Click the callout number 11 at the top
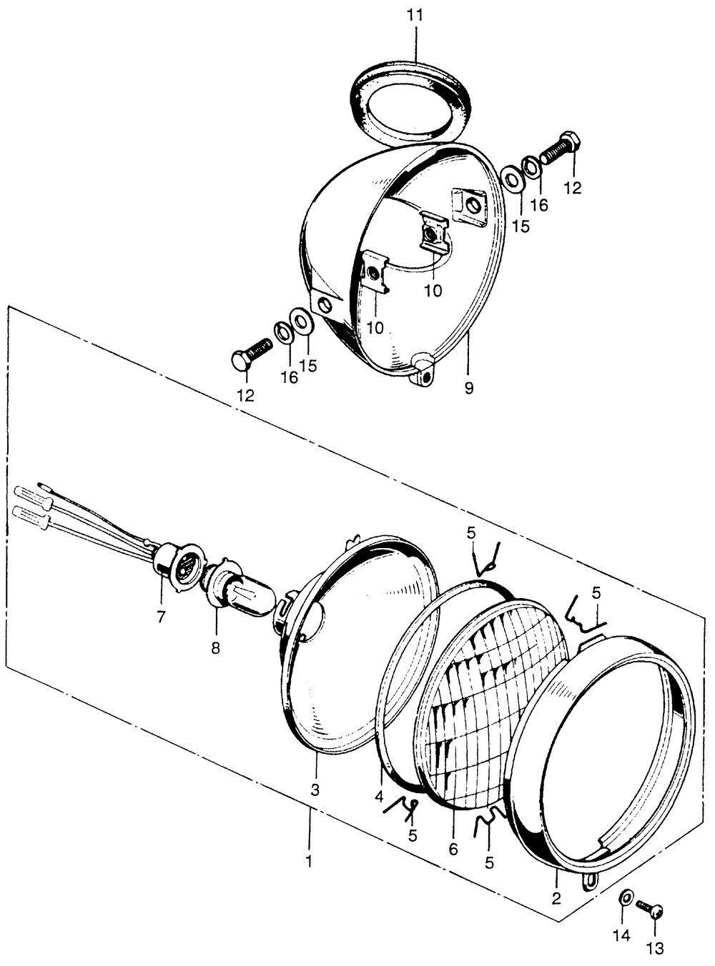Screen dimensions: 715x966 415,16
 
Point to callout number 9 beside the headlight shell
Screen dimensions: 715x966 468,388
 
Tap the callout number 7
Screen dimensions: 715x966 162,617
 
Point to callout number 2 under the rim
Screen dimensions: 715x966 556,898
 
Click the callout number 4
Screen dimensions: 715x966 378,797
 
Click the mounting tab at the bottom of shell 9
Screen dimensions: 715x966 423,369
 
